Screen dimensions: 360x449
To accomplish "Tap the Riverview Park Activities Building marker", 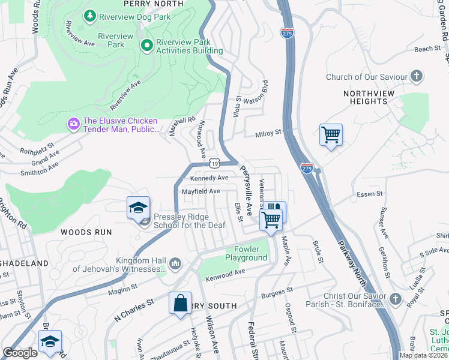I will pyautogui.click(x=146, y=45).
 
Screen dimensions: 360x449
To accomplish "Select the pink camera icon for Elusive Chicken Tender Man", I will pyautogui.click(x=74, y=124).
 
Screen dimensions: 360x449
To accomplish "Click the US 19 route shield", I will pyautogui.click(x=214, y=163).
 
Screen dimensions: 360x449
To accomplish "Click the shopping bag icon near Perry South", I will pyautogui.click(x=180, y=303).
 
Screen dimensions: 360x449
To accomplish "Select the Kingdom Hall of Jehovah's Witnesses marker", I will pyautogui.click(x=175, y=263).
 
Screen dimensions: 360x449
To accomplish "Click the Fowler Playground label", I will pyautogui.click(x=246, y=253).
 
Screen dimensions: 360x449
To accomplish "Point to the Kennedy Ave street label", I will pyautogui.click(x=209, y=178).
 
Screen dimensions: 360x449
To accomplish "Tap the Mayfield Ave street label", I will pyautogui.click(x=201, y=191).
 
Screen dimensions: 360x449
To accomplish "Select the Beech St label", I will pyautogui.click(x=427, y=49).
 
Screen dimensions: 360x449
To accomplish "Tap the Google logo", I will pyautogui.click(x=20, y=353).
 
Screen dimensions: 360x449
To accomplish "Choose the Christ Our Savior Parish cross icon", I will pyautogui.click(x=395, y=298).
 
